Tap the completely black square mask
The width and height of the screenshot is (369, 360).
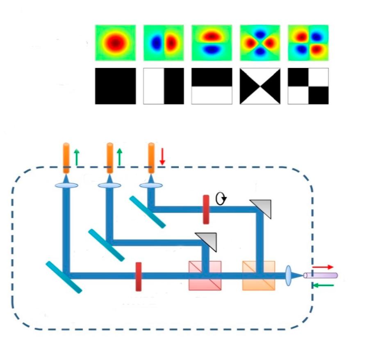coord(115,86)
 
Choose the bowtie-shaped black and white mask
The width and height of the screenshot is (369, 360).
coord(260,86)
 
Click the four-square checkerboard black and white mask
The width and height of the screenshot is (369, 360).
coord(308,86)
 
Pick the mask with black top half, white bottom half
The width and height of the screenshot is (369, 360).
coord(212,86)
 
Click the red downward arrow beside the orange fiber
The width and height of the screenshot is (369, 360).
coord(162,157)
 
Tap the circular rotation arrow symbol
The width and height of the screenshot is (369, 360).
coord(221,199)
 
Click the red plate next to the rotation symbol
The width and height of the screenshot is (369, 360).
coord(206,210)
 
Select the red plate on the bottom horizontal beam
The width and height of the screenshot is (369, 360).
coord(139,276)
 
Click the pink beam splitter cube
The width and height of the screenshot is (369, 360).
coord(205,276)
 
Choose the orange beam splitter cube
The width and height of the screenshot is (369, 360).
coord(259,276)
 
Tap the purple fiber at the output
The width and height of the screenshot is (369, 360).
coord(321,276)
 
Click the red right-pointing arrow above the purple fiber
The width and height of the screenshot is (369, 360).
coord(323,267)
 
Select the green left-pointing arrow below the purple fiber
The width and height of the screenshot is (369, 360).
coord(323,285)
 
